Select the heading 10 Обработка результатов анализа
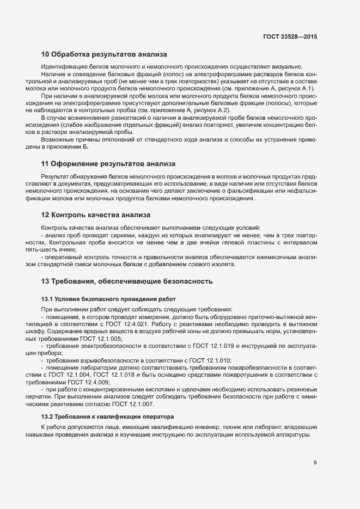tap(103, 54)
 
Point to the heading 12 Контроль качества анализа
tap(96, 215)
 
